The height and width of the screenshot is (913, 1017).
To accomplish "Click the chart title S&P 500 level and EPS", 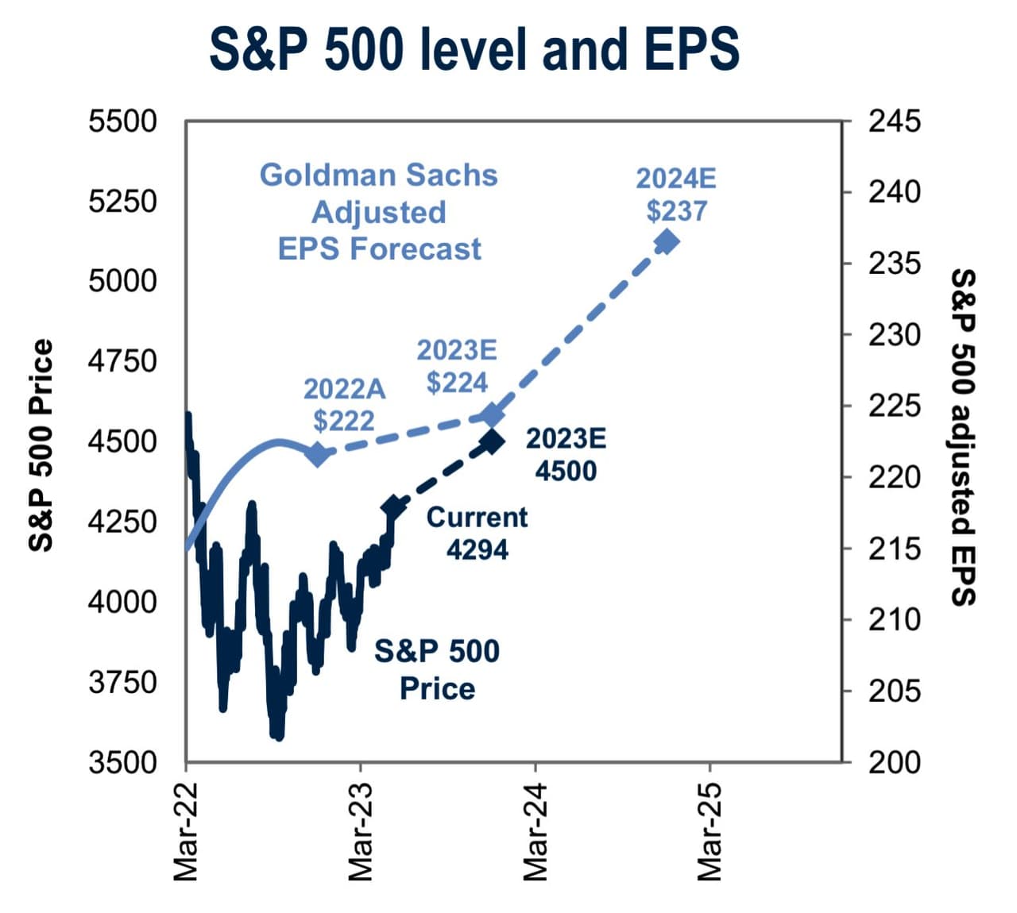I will (474, 49).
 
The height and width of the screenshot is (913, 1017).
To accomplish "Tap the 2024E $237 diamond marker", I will (666, 241).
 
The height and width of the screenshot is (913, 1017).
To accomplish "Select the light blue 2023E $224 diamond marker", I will (493, 414).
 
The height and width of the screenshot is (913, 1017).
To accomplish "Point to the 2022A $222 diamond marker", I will (318, 454).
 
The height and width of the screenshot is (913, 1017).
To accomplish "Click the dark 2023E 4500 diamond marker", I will (491, 441).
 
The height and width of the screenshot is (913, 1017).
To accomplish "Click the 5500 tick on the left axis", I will (122, 121).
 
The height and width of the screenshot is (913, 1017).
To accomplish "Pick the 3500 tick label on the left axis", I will (122, 762).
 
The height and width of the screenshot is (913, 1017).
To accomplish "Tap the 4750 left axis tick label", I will (122, 361).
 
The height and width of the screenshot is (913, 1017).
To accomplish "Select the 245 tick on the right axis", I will (894, 121).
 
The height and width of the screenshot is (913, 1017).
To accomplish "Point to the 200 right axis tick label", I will (894, 762).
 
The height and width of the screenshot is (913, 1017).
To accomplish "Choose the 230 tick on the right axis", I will (894, 335).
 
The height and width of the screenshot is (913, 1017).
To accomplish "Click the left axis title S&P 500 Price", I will (41, 445).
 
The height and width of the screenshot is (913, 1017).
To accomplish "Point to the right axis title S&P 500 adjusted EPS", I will (962, 437).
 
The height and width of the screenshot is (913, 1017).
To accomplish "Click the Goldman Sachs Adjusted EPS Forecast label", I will (379, 212).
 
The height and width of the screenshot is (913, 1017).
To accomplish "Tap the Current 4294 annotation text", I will (477, 534).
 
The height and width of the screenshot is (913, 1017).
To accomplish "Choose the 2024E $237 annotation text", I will (676, 195).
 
